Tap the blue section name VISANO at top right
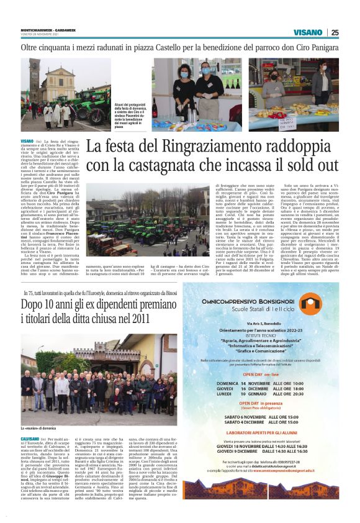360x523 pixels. tap(308, 32)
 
